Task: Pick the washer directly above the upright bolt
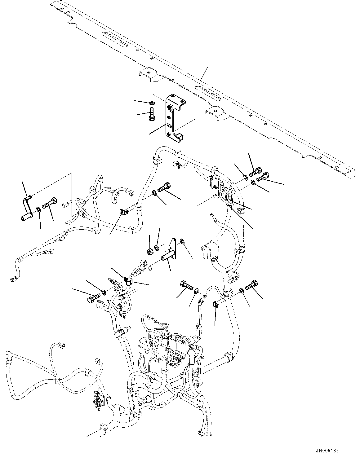pos(152,103)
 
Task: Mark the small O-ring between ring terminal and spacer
pos(150,267)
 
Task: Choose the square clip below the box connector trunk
pos(216,305)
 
